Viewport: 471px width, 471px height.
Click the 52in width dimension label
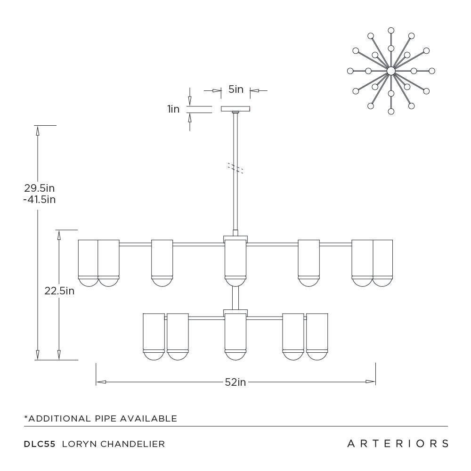click(235, 382)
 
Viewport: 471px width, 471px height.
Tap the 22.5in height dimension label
click(59, 291)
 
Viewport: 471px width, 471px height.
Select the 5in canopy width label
click(236, 89)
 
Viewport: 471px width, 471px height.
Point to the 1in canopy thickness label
click(173, 109)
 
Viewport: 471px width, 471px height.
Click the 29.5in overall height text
click(40, 188)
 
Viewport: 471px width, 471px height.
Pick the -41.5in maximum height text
click(40, 199)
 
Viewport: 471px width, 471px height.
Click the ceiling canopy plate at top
click(236, 109)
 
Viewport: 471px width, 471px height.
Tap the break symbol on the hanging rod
click(235, 168)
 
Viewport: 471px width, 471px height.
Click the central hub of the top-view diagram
click(391, 71)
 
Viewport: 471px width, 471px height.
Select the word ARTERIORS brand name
click(398, 443)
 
